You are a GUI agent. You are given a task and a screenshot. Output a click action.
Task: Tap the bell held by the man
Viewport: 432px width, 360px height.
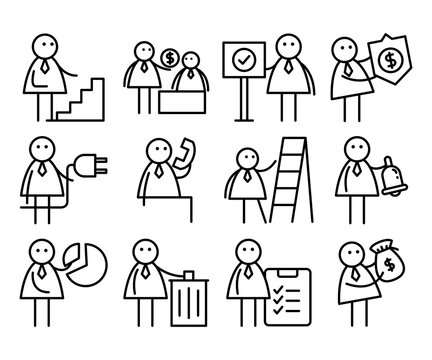pos(378,174)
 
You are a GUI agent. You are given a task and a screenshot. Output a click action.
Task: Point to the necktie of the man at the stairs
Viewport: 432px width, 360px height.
pos(46,71)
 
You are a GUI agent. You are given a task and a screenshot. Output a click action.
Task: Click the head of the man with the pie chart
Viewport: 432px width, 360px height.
pos(42,250)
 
